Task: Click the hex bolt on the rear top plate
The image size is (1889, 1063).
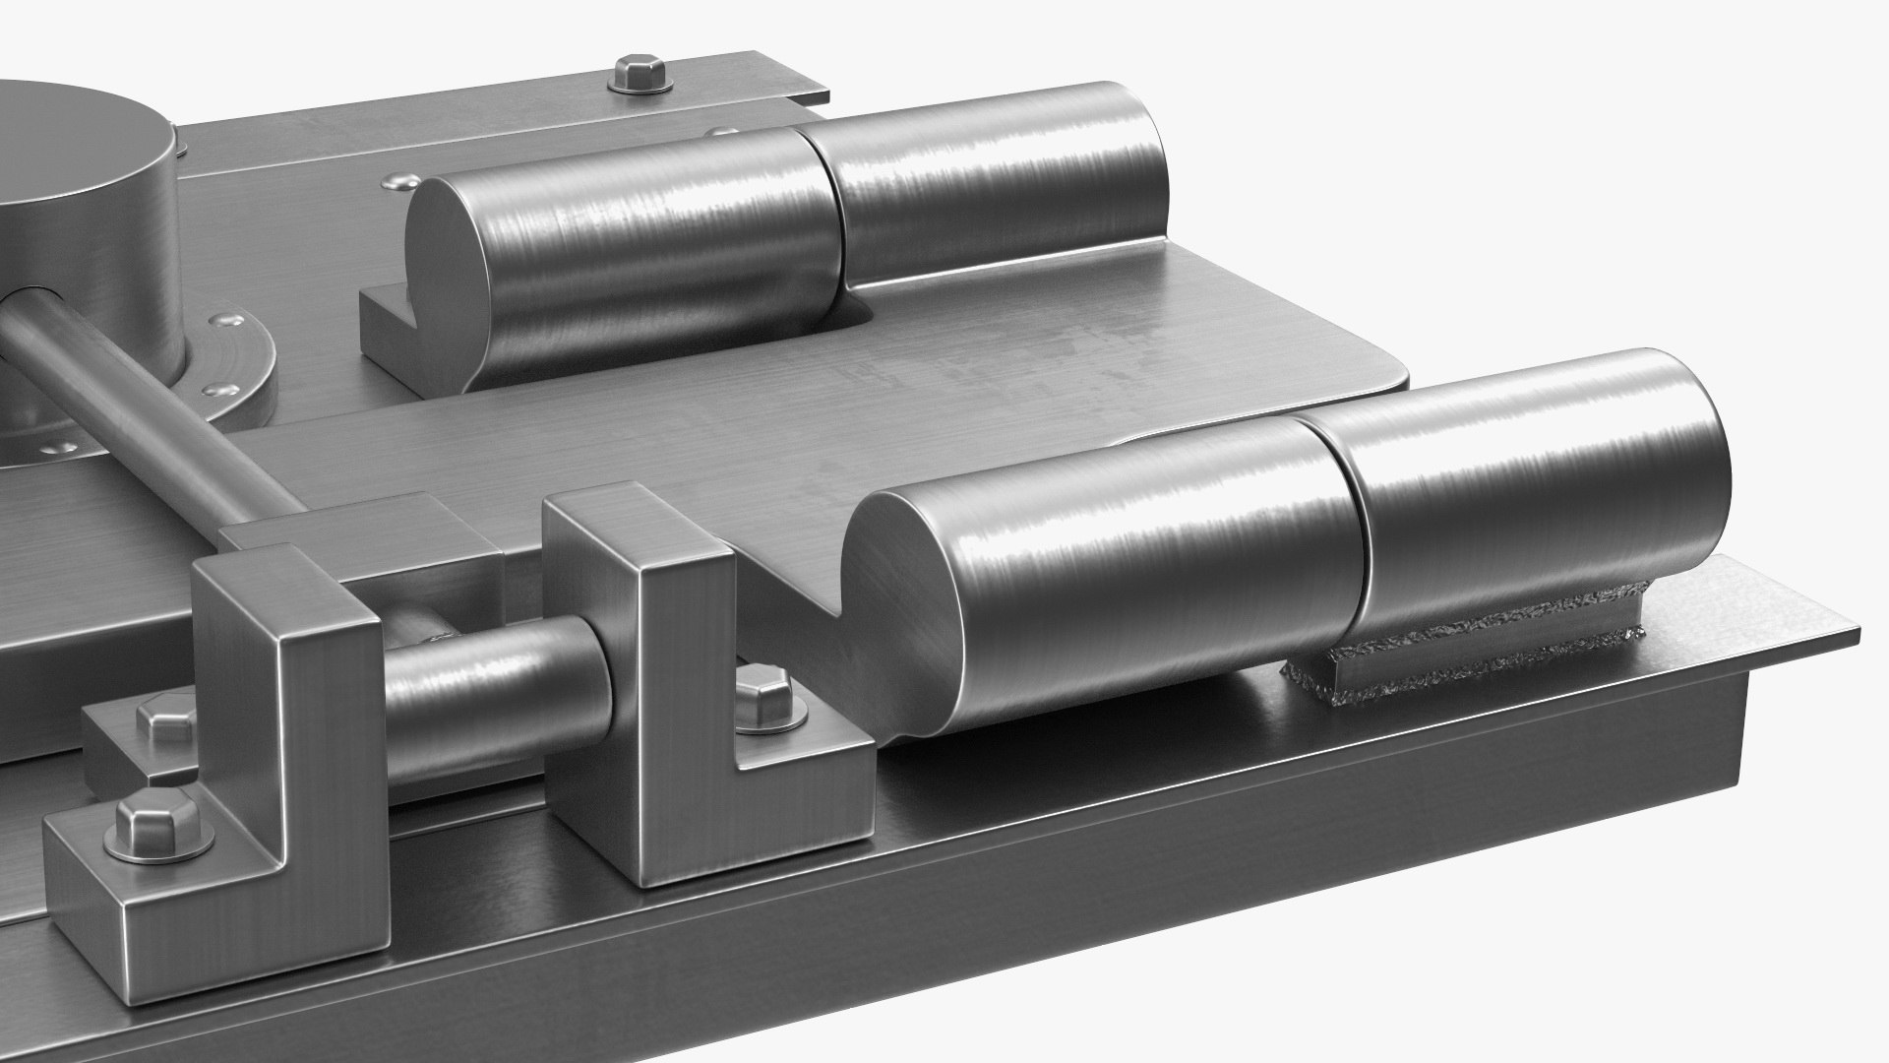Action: pyautogui.click(x=640, y=76)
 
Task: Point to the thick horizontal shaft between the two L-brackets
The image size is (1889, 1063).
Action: pyautogui.click(x=492, y=689)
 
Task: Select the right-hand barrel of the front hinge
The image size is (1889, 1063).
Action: pyautogui.click(x=1535, y=492)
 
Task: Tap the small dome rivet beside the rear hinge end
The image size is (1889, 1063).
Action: pyautogui.click(x=398, y=180)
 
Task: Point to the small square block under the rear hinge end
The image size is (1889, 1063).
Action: pyautogui.click(x=394, y=330)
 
